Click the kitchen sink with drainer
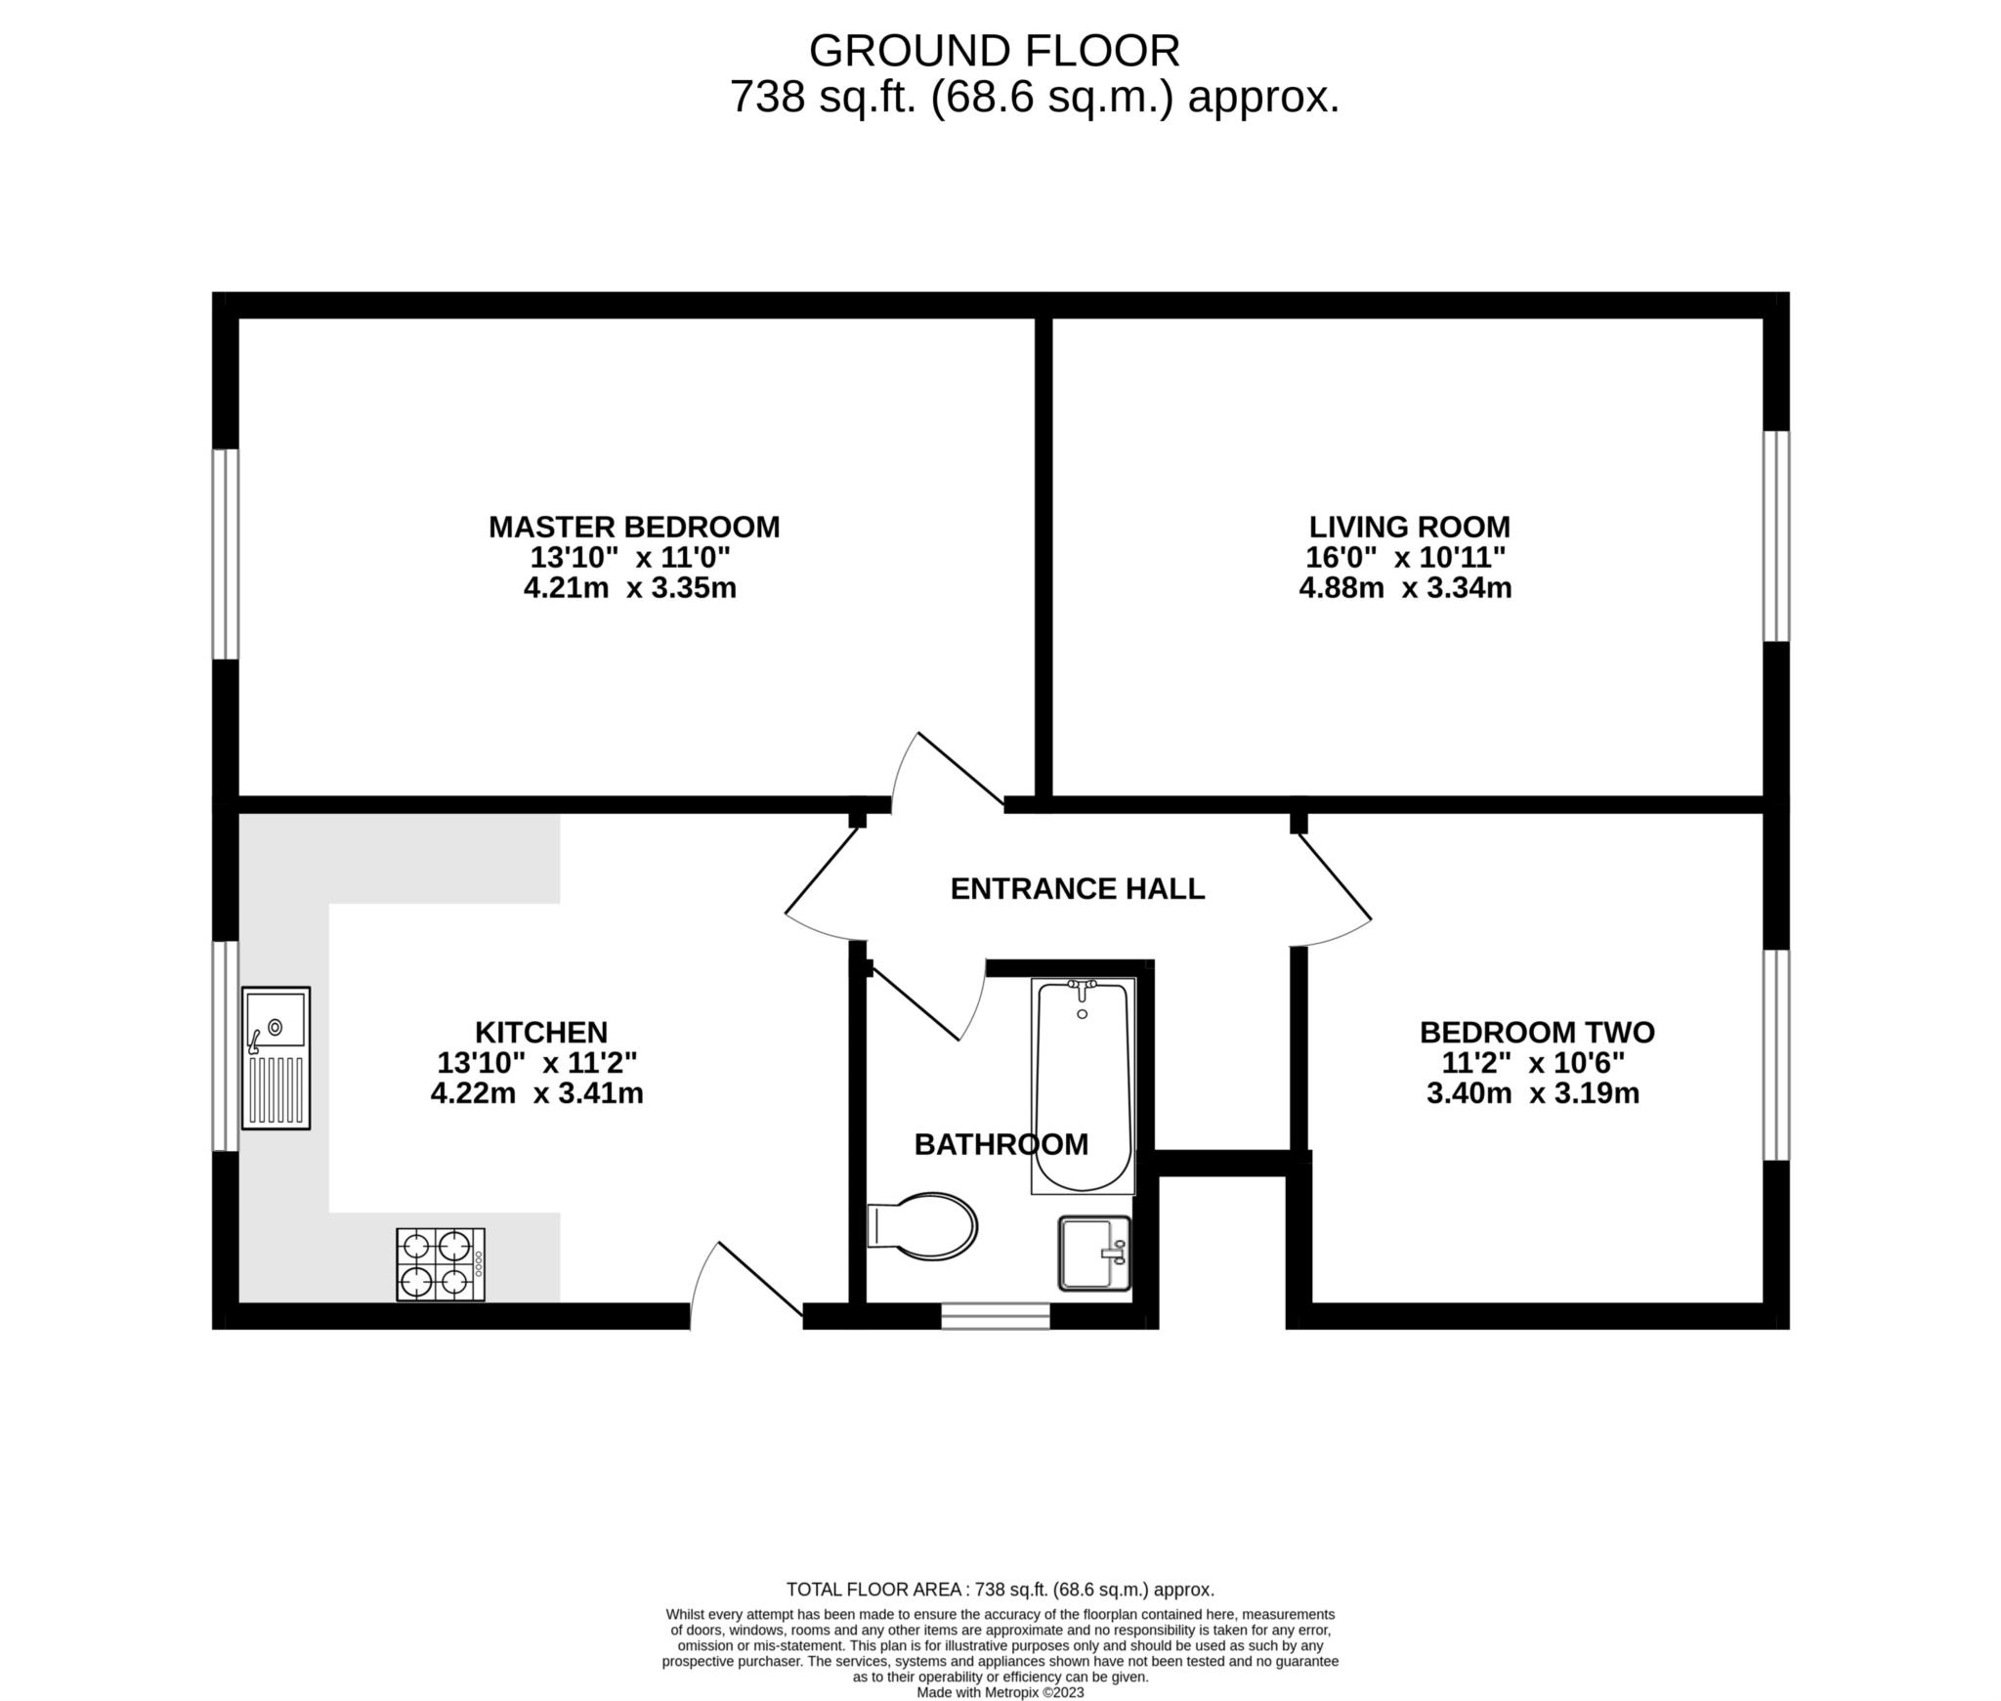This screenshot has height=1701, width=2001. (276, 1058)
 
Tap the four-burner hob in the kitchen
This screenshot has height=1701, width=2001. (441, 1264)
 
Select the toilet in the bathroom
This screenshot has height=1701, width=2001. (922, 1226)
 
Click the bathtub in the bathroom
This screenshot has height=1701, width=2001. (1084, 1085)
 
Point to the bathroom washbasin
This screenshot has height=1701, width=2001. (1094, 1253)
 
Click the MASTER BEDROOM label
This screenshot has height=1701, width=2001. (634, 527)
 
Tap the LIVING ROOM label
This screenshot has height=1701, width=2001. (1409, 527)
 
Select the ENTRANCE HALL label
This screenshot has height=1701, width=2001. (1078, 888)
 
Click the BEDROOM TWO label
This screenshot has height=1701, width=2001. (1537, 1032)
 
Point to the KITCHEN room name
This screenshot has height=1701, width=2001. (541, 1032)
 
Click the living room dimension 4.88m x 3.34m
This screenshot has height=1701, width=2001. (1405, 588)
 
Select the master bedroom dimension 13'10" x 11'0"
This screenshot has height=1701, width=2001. (630, 558)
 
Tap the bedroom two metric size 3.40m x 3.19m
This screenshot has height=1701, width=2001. (1533, 1092)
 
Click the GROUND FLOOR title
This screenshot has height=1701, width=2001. (995, 51)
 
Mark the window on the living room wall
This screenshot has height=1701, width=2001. (1776, 536)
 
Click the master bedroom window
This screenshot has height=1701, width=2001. (226, 554)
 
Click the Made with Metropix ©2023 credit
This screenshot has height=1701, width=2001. (1000, 1692)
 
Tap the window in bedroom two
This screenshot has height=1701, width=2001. (1776, 1055)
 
